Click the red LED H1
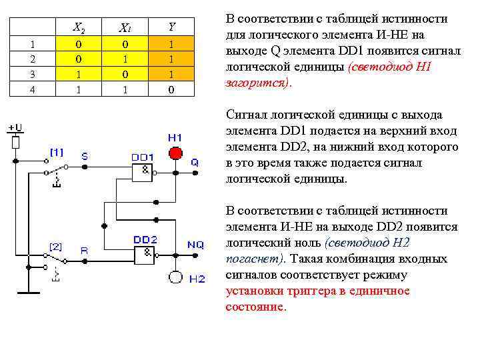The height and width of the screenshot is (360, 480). tap(175, 153)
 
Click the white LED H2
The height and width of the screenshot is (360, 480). tap(175, 277)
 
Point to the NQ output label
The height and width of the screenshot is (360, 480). tap(195, 245)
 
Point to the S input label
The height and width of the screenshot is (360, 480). tap(85, 156)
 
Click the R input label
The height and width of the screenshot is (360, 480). tap(85, 251)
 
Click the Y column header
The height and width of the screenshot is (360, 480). tap(171, 27)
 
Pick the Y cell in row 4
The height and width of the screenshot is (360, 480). tap(171, 89)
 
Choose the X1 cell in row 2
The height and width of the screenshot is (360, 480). tap(125, 59)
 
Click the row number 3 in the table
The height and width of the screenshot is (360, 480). tap(31, 73)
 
